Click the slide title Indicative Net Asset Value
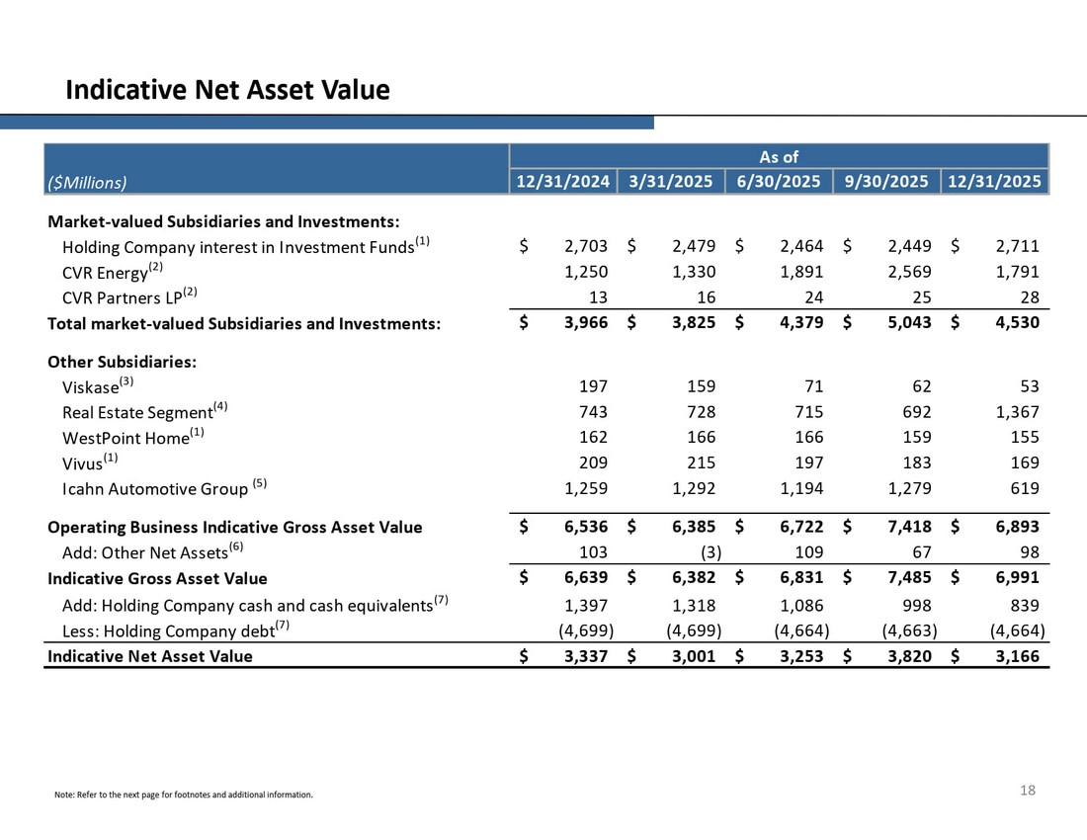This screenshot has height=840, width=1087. point(227,91)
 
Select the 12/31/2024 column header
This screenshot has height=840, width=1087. point(563,182)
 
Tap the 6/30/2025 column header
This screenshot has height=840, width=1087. point(779,182)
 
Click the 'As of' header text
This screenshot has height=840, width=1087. point(779,157)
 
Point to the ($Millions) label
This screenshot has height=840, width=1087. point(87,182)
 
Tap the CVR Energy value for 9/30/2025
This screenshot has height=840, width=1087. point(908,272)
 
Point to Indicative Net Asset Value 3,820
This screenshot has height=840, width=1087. point(908,655)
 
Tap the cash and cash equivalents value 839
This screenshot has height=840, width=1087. point(1022,605)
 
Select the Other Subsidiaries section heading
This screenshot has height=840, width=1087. point(122,362)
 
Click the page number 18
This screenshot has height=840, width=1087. point(1028,790)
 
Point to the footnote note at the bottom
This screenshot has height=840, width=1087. point(184,795)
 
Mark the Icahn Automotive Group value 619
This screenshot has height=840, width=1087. point(1022,488)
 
